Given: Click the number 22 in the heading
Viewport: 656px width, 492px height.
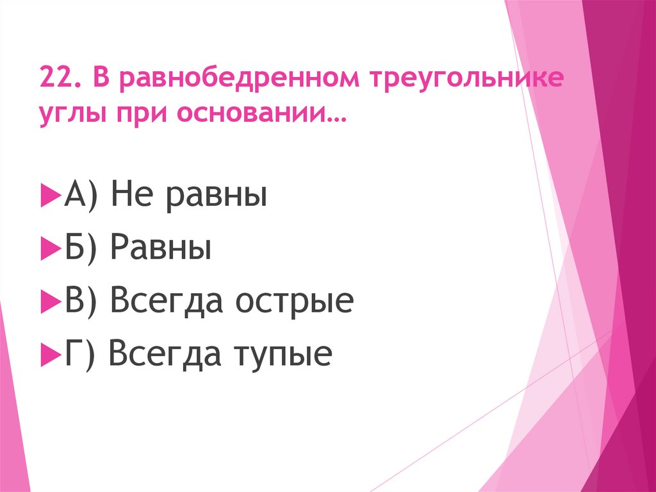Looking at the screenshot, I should (x=56, y=80).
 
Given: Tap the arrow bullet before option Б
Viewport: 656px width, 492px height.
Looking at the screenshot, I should (x=50, y=248).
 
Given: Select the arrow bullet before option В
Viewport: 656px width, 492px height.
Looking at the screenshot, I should (x=50, y=301).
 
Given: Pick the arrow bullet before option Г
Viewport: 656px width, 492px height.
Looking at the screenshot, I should (x=50, y=354).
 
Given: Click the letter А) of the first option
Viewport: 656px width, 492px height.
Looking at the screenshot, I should (x=80, y=195).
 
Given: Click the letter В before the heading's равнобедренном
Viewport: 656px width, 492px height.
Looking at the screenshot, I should (x=102, y=80).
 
